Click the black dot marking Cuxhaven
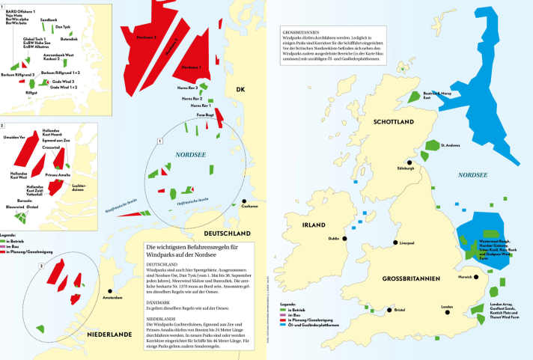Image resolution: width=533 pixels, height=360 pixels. pyautogui.click(x=244, y=201)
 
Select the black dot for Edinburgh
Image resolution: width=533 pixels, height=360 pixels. pyautogui.click(x=409, y=160)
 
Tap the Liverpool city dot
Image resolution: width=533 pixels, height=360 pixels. pyautogui.click(x=394, y=242)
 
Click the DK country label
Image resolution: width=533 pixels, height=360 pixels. pyautogui.click(x=240, y=91)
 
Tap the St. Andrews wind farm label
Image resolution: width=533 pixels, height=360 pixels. pyautogui.click(x=451, y=145)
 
